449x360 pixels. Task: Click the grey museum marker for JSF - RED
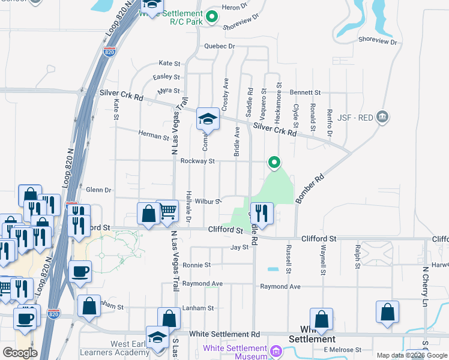tap(382, 117)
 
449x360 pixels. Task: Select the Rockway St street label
tap(197, 161)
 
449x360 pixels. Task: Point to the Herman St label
tap(154, 136)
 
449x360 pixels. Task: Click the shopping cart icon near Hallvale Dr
tap(168, 211)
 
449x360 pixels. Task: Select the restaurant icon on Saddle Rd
tap(262, 214)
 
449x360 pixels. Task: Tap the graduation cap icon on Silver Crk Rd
tap(208, 119)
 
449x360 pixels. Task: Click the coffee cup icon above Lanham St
tap(80, 272)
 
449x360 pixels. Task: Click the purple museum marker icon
tap(276, 351)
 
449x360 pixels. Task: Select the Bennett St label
tap(306, 93)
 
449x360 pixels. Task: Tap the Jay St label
tap(240, 247)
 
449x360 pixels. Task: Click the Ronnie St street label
tap(197, 265)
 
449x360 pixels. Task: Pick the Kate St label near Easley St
tap(169, 63)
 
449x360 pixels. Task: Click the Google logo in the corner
tap(20, 353)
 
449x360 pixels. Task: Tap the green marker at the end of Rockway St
tap(274, 162)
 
